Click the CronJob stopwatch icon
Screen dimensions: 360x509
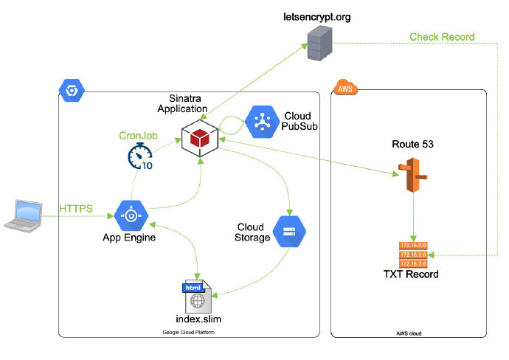coord(139,157)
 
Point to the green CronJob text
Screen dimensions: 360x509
coord(139,136)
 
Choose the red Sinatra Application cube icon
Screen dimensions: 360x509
coord(199,138)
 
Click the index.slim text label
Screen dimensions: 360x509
coord(198,319)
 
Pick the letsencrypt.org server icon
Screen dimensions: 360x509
coord(319,42)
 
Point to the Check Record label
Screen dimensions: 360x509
coord(442,37)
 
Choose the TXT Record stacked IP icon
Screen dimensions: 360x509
coord(413,254)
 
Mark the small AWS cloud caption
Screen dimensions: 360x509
coord(409,334)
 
